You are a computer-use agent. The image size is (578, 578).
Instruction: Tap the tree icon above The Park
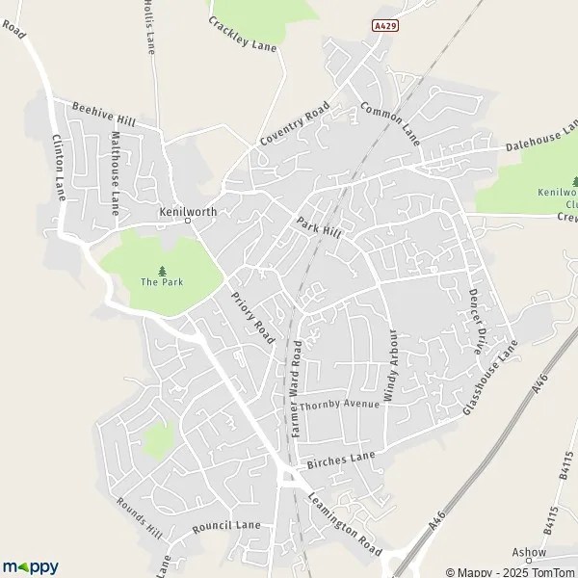(x=161, y=270)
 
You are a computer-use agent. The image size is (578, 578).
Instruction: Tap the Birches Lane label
(x=340, y=460)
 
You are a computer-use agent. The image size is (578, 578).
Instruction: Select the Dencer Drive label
(x=475, y=321)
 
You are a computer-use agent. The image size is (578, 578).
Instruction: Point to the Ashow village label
(x=529, y=553)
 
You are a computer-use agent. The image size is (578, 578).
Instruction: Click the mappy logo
(x=31, y=566)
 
